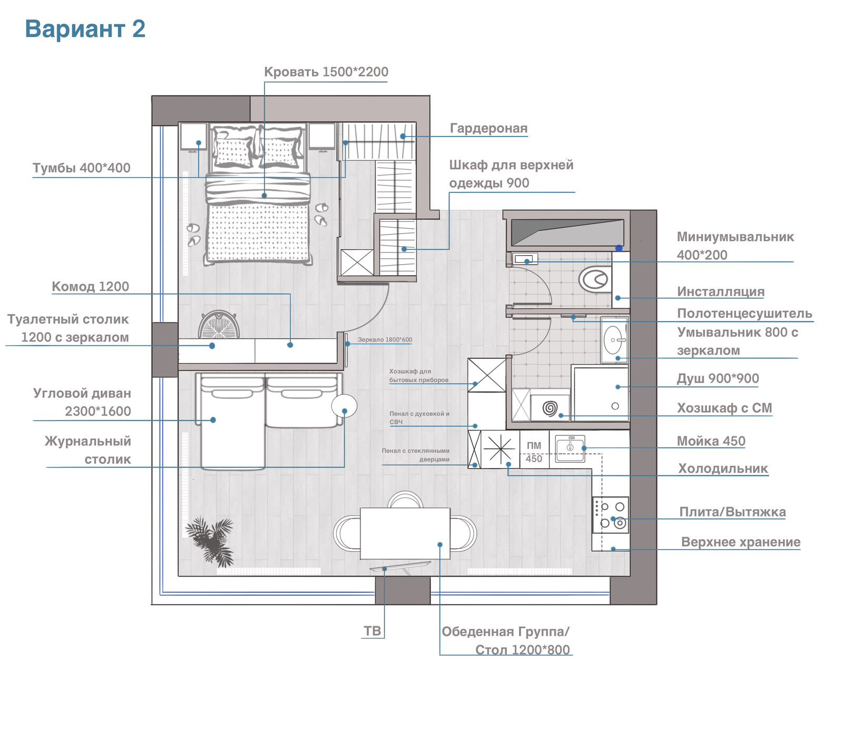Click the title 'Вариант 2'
[x=85, y=29]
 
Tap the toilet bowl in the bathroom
[x=595, y=279]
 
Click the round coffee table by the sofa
[x=344, y=406]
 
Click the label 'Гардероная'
[x=488, y=128]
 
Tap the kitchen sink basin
[x=570, y=448]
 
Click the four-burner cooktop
[x=611, y=514]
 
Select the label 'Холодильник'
[x=723, y=469]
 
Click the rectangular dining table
[x=405, y=533]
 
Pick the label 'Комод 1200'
[x=90, y=286]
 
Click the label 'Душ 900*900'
[x=718, y=378]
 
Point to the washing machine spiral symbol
[x=550, y=407]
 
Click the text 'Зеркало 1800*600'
[x=385, y=339]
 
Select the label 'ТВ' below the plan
[x=372, y=631]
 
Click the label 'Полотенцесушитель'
[x=744, y=314]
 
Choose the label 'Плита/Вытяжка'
[x=732, y=512]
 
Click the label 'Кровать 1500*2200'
[x=326, y=72]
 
